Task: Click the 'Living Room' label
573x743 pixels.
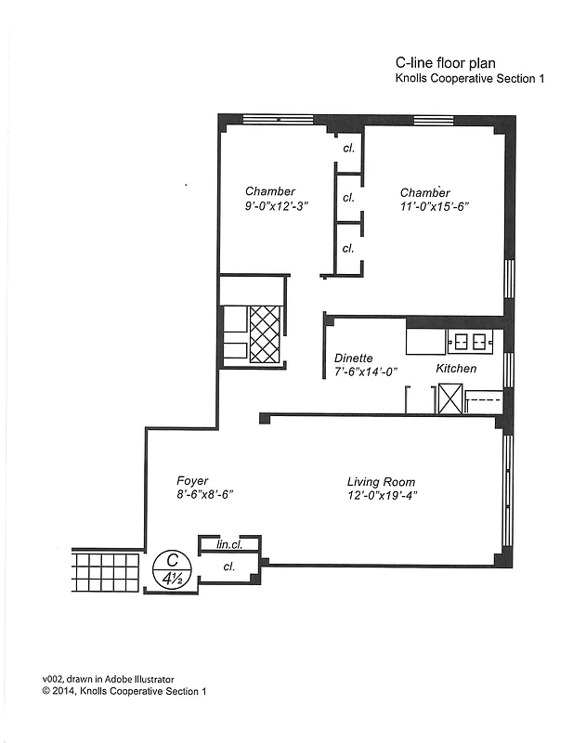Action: coord(381,482)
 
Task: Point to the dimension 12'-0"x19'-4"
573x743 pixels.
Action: coord(382,495)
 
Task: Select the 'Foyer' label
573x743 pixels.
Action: coord(192,481)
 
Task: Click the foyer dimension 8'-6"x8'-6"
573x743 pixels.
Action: coord(204,495)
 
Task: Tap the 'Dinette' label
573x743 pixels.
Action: coord(354,358)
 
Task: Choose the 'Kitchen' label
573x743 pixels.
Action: coord(456,369)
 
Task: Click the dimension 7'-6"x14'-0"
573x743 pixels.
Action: coord(366,371)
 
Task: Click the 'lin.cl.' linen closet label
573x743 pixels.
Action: coord(229,544)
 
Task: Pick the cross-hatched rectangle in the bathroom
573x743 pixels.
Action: coord(266,333)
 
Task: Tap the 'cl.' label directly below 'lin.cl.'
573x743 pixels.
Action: coord(228,566)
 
